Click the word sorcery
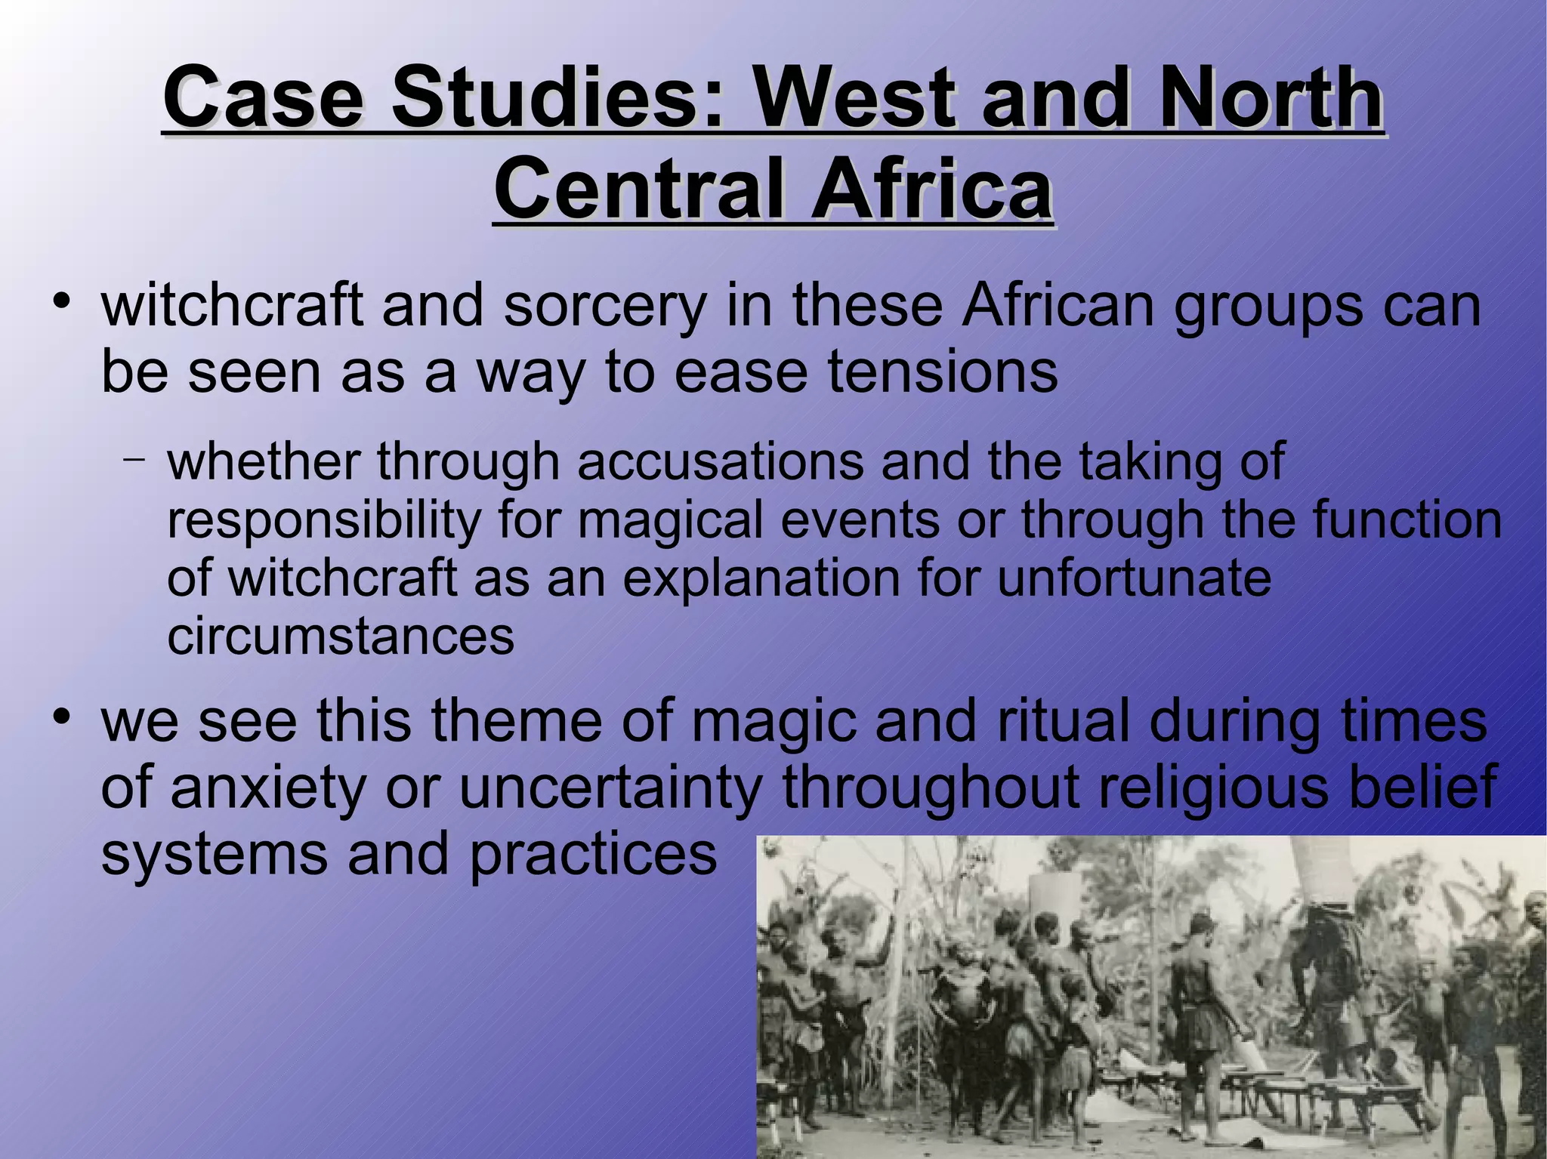[604, 307]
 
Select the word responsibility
[324, 520]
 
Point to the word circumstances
[341, 636]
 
